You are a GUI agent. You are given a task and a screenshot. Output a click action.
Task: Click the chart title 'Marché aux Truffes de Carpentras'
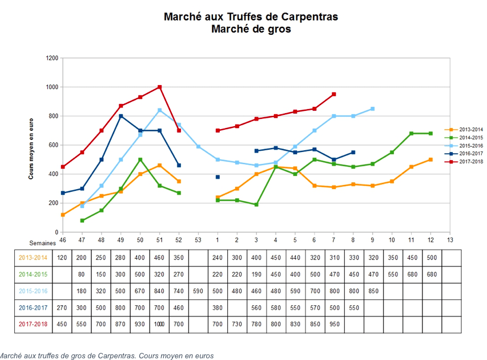click(x=251, y=17)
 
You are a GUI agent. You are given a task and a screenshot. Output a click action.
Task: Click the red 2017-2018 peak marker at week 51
click(x=159, y=87)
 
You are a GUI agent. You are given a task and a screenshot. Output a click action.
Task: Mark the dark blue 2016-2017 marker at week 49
click(x=121, y=116)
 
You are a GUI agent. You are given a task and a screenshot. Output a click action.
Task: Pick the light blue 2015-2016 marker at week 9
click(x=372, y=109)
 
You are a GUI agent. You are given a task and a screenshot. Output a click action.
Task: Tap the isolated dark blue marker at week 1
click(x=218, y=177)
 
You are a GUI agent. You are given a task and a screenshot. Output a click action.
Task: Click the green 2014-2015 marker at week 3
click(x=256, y=205)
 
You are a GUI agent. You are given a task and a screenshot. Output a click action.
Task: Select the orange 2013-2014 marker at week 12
click(x=430, y=159)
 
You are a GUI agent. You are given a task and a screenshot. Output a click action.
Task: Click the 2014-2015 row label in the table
click(x=33, y=274)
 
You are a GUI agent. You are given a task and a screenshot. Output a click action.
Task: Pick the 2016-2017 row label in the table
click(x=33, y=307)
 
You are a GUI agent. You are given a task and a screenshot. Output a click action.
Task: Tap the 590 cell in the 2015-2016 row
click(x=198, y=291)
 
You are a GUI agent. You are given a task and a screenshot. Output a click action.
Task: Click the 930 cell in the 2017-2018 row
click(x=140, y=324)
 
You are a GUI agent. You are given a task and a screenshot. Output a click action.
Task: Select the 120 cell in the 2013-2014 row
click(x=62, y=257)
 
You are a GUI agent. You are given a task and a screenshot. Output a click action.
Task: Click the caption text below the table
click(x=106, y=355)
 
